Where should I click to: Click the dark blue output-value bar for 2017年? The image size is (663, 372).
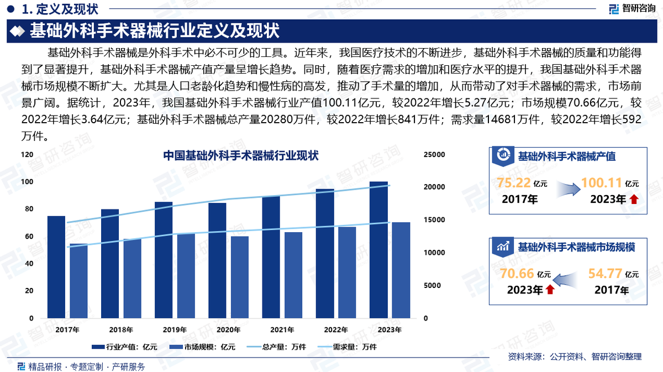click(x=56, y=267)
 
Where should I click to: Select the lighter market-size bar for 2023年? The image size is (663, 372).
click(x=401, y=270)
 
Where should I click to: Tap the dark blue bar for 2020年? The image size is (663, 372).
click(x=218, y=260)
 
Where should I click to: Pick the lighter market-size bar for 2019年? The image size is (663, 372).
click(x=186, y=276)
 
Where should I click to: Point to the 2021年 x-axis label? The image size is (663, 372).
click(x=282, y=330)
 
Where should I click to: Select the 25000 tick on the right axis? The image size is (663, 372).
click(x=434, y=155)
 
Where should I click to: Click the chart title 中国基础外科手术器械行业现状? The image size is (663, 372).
click(x=241, y=156)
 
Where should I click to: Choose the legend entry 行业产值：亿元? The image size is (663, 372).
click(x=125, y=347)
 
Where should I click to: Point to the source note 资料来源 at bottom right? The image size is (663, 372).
click(x=575, y=357)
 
